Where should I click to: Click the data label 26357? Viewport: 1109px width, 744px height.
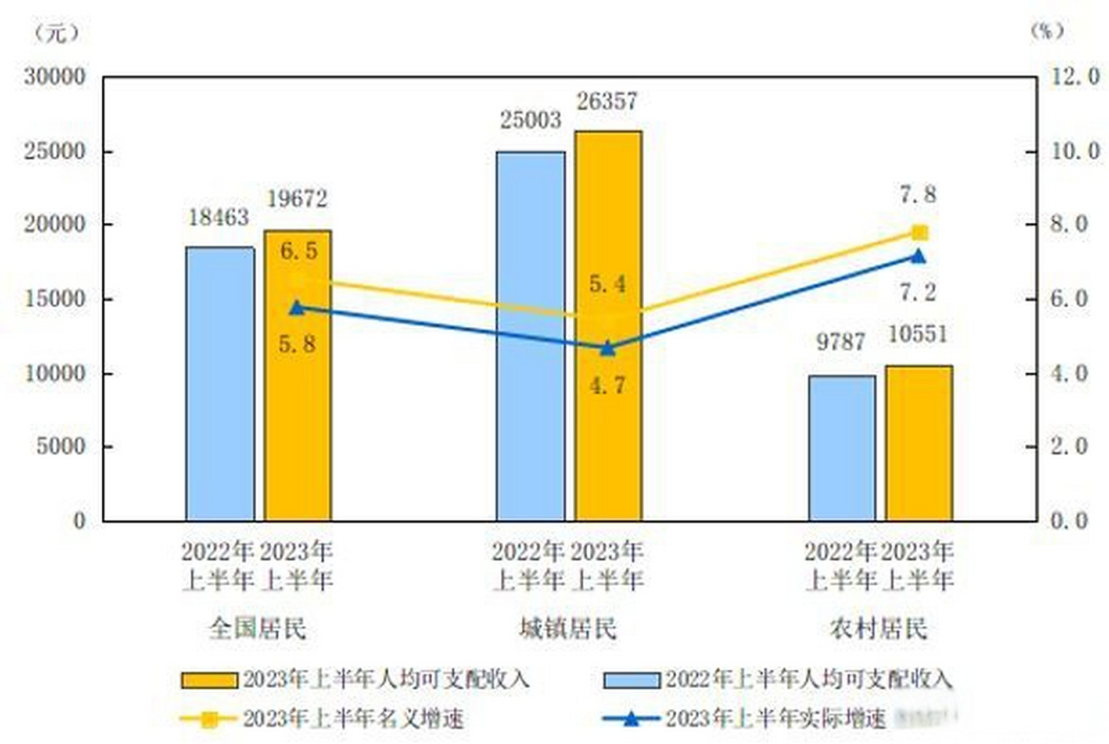coord(606,102)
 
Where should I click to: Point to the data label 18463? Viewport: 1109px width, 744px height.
coord(218,218)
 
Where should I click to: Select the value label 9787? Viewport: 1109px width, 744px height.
coord(841,342)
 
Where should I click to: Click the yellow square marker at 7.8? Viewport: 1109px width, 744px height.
coord(919,233)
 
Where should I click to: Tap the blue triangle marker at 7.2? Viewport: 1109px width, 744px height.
coord(918,256)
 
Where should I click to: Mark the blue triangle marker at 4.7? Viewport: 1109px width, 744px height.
coord(607,349)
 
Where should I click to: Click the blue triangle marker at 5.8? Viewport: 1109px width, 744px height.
coord(297,308)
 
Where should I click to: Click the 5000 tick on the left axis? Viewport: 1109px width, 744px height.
coord(60,446)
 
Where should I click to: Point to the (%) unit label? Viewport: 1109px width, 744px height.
coord(1047,31)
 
